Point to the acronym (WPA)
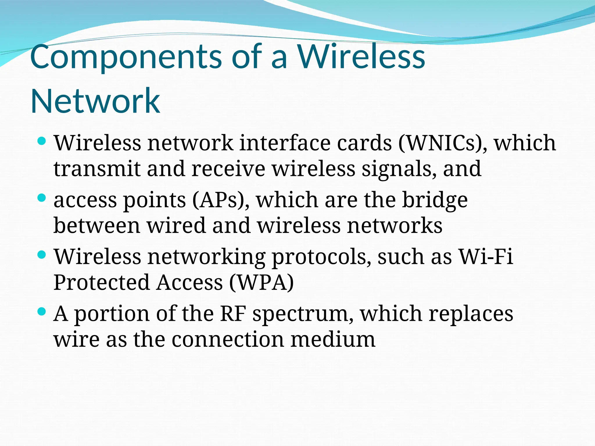pos(261,282)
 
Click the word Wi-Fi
pos(485,257)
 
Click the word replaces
pos(471,314)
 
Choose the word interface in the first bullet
pos(285,143)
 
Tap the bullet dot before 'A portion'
pos(42,312)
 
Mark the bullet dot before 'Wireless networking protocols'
pos(42,255)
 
